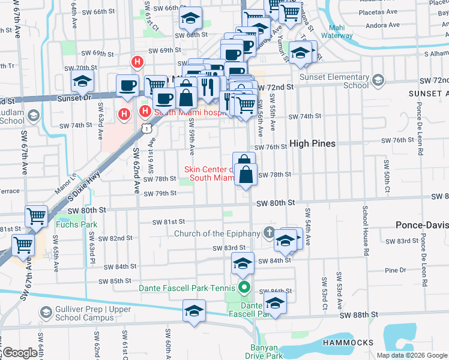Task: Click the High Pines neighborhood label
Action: (312, 143)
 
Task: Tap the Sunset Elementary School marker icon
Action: (378, 79)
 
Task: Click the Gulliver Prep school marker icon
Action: (46, 312)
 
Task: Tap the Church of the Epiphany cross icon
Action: (270, 233)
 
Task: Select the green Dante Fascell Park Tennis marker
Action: (244, 288)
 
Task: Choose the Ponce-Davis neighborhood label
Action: (421, 225)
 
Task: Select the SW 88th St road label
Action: (359, 314)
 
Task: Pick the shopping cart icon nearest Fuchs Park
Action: (37, 216)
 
